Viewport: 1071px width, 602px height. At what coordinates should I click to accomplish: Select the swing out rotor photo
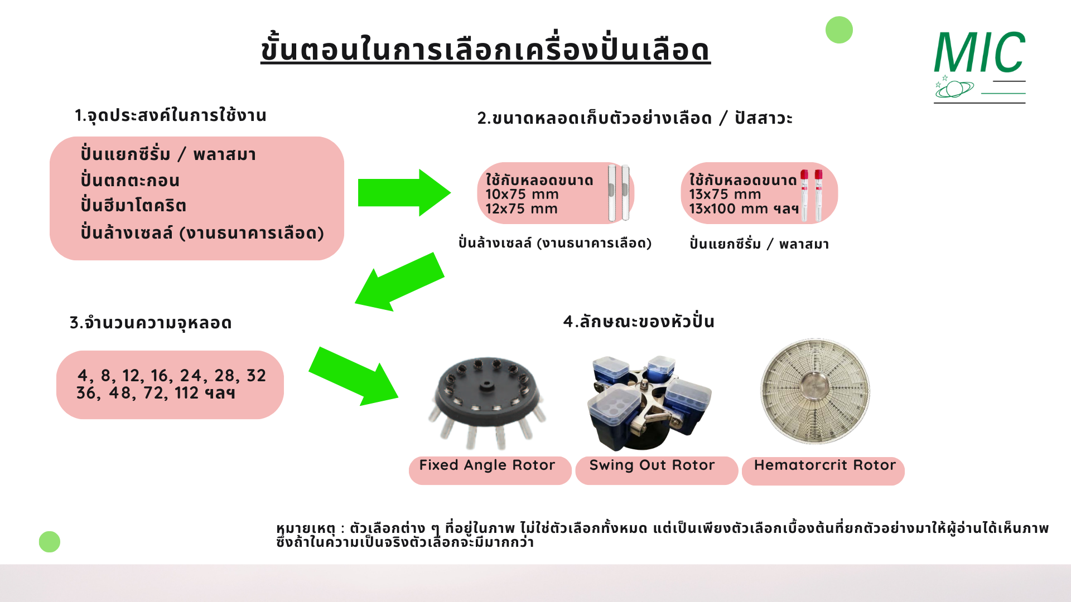pyautogui.click(x=649, y=402)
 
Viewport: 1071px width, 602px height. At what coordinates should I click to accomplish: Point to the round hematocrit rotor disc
pyautogui.click(x=815, y=391)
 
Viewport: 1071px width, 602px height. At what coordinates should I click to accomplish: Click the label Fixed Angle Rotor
pyautogui.click(x=487, y=465)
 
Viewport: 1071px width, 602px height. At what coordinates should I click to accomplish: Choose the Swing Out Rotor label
pyautogui.click(x=652, y=465)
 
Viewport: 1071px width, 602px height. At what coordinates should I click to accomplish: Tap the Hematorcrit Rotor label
pyautogui.click(x=824, y=465)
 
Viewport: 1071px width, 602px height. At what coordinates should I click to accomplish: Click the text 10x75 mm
pyautogui.click(x=522, y=195)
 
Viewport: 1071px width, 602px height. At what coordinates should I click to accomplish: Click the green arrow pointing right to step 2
pyautogui.click(x=404, y=192)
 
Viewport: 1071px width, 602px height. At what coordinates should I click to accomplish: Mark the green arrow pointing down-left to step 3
pyautogui.click(x=399, y=282)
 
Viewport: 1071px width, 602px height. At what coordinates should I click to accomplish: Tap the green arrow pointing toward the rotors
pyautogui.click(x=354, y=377)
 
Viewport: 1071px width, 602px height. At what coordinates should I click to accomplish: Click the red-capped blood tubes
pyautogui.click(x=812, y=195)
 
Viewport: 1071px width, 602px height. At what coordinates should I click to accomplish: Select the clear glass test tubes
pyautogui.click(x=619, y=193)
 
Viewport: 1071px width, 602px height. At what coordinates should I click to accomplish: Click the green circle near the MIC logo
pyautogui.click(x=839, y=30)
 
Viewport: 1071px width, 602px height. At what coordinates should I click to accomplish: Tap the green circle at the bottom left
pyautogui.click(x=50, y=542)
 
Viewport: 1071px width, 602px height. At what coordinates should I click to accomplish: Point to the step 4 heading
pyautogui.click(x=639, y=322)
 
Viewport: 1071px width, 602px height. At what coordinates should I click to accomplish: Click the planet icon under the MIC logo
pyautogui.click(x=954, y=88)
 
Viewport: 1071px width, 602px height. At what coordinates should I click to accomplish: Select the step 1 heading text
pyautogui.click(x=171, y=115)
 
